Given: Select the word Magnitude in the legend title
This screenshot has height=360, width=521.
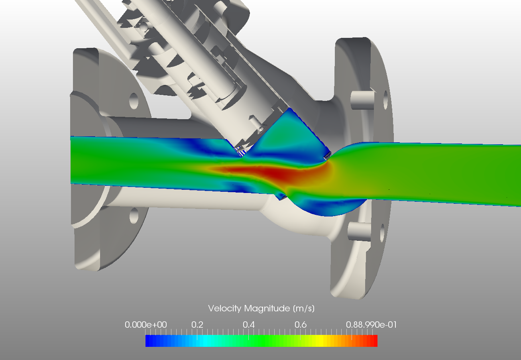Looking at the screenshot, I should click(267, 308).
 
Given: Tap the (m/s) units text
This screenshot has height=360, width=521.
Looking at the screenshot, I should click(303, 308).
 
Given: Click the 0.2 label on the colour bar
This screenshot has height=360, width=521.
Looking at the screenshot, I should click(197, 325).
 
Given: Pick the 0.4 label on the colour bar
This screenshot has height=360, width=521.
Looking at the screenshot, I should click(249, 325).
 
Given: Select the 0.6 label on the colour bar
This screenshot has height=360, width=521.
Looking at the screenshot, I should click(301, 325).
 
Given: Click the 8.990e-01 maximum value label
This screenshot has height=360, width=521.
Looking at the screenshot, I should click(375, 325).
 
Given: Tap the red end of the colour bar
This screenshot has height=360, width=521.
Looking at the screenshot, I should click(373, 341).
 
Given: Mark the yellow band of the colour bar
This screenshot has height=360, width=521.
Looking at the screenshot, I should click(319, 341).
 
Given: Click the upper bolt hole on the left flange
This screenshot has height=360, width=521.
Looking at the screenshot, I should click(134, 101).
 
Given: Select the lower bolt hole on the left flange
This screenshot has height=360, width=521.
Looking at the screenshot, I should click(134, 215).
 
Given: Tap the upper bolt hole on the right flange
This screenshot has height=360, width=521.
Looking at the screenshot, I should click(385, 100).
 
